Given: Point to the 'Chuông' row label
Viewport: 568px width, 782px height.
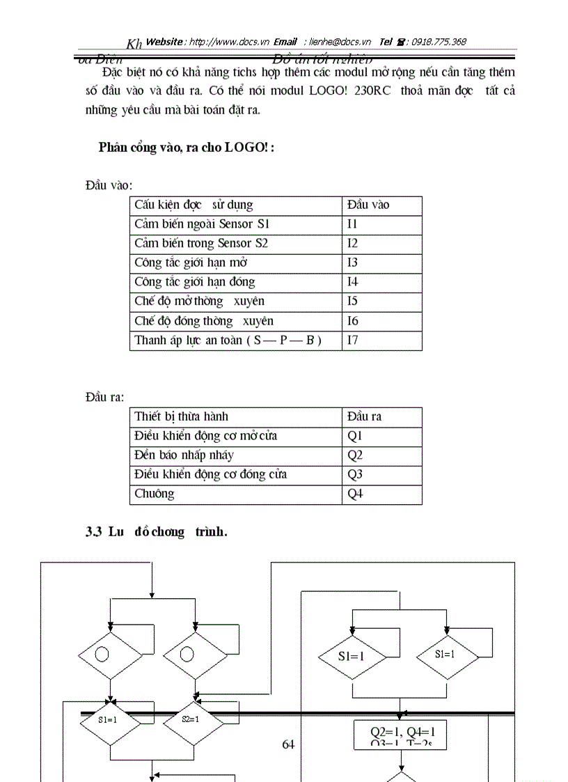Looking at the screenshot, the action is click(155, 494).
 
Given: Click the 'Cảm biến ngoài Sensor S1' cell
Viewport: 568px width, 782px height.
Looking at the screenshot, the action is click(202, 224).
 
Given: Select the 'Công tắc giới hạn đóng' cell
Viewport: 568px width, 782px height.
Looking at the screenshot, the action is click(195, 282).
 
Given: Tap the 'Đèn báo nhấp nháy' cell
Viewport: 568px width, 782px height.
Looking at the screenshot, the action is click(184, 455).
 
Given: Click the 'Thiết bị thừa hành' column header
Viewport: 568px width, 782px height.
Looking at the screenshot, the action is click(181, 416).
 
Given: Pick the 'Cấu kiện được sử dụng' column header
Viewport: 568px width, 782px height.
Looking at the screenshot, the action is click(194, 205).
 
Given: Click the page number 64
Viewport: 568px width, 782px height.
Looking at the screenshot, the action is click(288, 744).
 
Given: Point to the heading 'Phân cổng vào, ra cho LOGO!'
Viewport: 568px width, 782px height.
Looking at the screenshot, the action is click(187, 147).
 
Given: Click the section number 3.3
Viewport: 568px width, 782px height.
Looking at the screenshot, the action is click(94, 532).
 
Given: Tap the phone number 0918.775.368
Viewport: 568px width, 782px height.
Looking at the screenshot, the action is click(439, 42).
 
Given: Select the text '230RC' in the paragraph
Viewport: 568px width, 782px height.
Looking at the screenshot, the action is click(384, 91).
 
